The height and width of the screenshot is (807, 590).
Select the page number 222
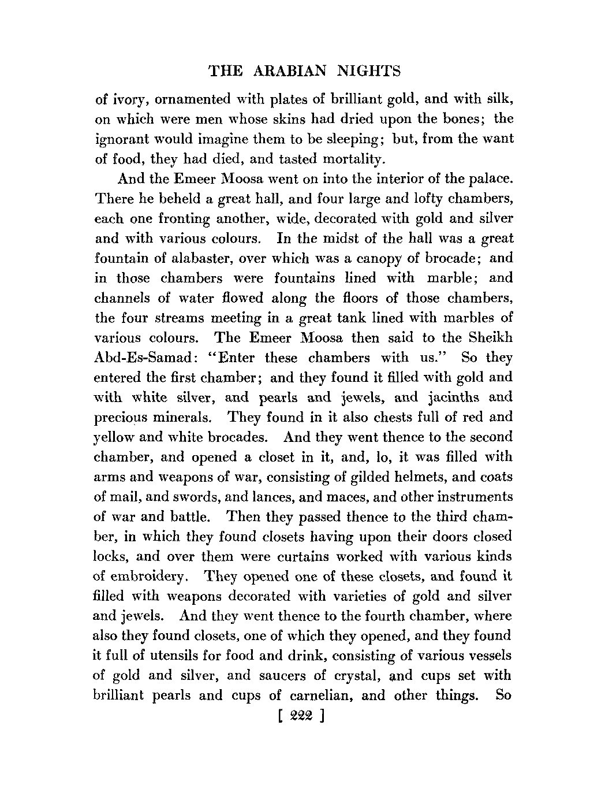coord(301,716)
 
